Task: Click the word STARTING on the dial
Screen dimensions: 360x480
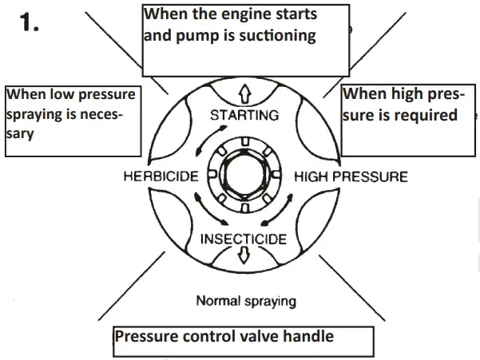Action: [244, 116]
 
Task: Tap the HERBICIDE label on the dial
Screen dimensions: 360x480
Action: [161, 176]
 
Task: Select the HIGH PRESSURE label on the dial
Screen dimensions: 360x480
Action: [351, 176]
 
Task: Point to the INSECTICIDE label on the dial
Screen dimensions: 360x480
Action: [244, 239]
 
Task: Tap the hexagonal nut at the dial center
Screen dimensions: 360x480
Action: [244, 176]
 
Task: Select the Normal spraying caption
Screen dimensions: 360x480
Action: [245, 301]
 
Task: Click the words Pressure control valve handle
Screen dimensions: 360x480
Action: [224, 336]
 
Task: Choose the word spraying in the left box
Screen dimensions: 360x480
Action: [37, 114]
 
